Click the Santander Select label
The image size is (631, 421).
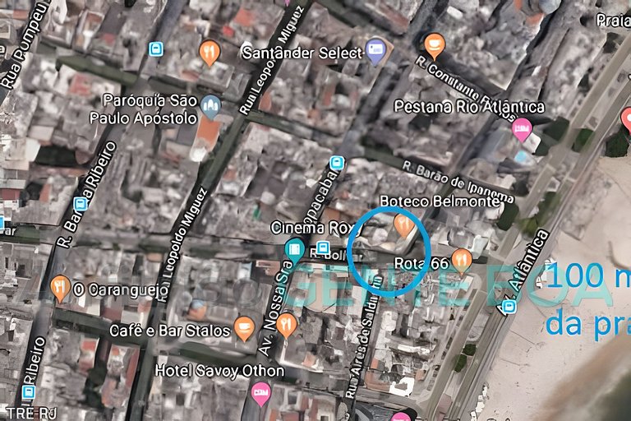[x=302, y=53]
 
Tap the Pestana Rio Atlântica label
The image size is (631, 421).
[x=469, y=107]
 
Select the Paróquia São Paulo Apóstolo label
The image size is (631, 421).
[x=150, y=109]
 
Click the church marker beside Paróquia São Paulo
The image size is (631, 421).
[x=211, y=105]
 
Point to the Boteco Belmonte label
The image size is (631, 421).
[x=440, y=201]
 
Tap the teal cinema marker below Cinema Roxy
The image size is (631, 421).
[x=293, y=249]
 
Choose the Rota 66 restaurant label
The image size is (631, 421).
[x=421, y=263]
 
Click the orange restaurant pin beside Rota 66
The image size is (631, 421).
[x=462, y=260]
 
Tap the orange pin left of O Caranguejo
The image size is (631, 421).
[x=60, y=288]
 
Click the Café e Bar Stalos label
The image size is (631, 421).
[x=170, y=331]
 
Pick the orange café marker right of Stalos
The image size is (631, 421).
[x=244, y=328]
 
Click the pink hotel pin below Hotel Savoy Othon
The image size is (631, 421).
[x=260, y=394]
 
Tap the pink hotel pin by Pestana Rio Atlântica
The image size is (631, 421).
[x=522, y=129]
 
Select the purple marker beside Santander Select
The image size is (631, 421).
[x=375, y=50]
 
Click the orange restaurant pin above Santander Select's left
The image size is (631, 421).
[x=210, y=53]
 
